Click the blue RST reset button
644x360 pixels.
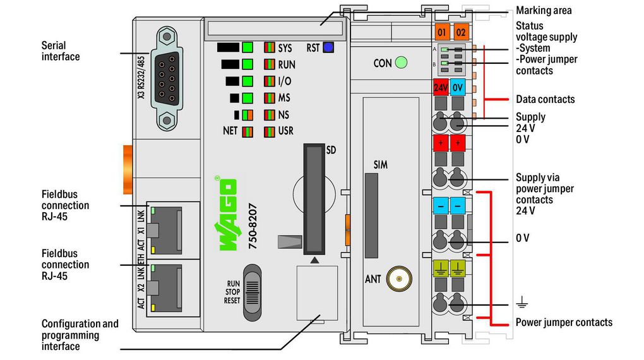pos(328,47)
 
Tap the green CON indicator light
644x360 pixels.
pos(400,63)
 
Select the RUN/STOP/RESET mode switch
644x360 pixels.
pos(252,291)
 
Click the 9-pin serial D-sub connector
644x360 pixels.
pos(165,78)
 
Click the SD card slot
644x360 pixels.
pos(313,197)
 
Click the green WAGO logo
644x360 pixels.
pos(227,215)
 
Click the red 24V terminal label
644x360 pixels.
pos(441,88)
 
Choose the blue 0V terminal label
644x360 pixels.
pos(458,88)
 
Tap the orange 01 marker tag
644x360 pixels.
pos(442,31)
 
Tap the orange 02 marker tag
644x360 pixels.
pos(461,31)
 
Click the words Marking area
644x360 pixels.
pos(543,10)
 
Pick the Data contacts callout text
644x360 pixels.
pos(545,99)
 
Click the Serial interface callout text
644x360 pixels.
pos(61,51)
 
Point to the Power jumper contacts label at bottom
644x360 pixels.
pos(564,322)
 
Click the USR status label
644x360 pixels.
pos(285,131)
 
